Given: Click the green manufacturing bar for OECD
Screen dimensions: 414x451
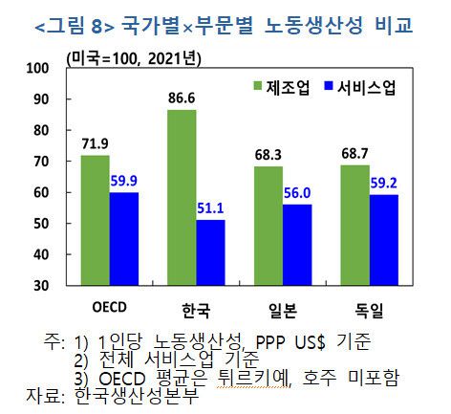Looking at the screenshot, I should (95, 219).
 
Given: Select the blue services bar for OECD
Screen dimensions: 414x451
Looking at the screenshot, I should (124, 238).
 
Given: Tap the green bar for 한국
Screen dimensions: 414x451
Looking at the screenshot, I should (182, 197).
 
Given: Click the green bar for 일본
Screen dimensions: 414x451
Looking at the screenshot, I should (268, 225).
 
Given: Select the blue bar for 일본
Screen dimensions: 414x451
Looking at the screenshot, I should (298, 244).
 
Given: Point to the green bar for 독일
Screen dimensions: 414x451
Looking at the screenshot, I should (355, 224).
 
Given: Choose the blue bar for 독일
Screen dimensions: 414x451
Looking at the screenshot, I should (385, 239).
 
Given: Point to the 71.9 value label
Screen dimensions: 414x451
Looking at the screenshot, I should (95, 143).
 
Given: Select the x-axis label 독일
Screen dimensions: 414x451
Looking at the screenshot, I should (370, 309).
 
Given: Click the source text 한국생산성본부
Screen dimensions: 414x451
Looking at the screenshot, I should (135, 395).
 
